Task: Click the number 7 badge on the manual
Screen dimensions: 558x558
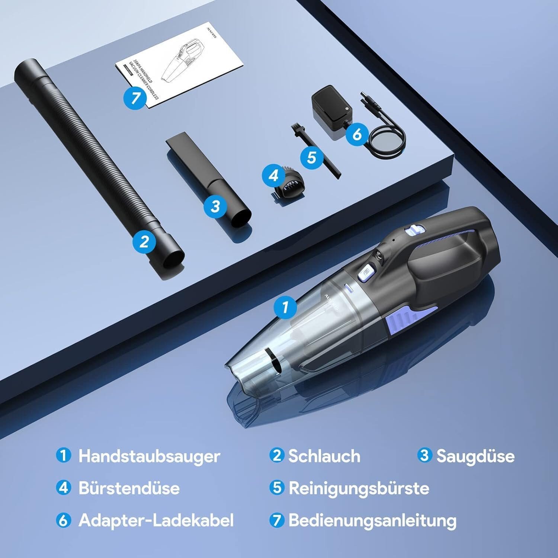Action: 136,97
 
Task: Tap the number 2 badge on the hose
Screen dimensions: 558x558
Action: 144,242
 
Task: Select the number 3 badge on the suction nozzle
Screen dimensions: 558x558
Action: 215,206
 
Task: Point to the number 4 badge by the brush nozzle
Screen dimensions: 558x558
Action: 274,175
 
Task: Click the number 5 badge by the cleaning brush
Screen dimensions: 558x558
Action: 311,157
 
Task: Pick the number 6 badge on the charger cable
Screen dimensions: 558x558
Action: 357,134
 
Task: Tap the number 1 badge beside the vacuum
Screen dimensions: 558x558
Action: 285,307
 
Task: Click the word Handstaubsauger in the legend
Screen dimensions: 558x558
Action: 149,456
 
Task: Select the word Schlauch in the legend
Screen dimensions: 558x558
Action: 324,456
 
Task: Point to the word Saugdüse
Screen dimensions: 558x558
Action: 475,456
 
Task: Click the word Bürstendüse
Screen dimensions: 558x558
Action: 129,488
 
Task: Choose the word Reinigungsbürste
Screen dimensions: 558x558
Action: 359,488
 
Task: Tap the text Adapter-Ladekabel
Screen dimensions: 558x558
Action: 156,520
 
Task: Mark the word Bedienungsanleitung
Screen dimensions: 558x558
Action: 372,520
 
